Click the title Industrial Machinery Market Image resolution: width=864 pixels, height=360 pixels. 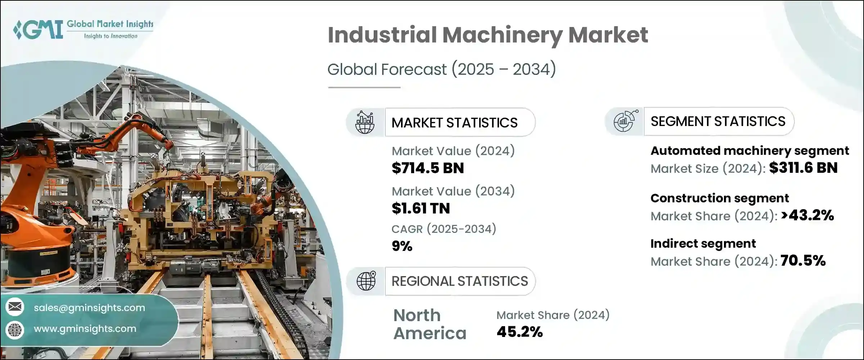487,35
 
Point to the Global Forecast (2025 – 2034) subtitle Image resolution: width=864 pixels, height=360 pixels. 441,69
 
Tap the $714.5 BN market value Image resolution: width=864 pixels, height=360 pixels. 428,168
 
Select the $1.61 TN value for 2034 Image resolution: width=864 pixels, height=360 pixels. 420,208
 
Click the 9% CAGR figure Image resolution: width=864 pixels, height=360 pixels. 402,246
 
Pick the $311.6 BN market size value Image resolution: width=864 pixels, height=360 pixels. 803,168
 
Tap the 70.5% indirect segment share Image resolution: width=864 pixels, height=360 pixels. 803,261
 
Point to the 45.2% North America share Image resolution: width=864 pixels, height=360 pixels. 519,332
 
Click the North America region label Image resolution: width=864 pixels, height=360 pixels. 429,324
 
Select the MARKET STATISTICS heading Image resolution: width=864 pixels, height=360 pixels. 454,123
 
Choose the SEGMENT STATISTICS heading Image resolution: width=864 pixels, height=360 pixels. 718,121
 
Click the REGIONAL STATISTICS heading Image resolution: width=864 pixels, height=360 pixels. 459,281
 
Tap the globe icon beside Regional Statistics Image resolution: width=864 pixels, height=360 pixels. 366,281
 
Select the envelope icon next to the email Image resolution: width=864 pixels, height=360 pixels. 15,307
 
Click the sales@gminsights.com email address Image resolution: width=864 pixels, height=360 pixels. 89,308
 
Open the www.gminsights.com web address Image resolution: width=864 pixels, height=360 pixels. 85,329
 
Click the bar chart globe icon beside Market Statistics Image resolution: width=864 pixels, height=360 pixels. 365,122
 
